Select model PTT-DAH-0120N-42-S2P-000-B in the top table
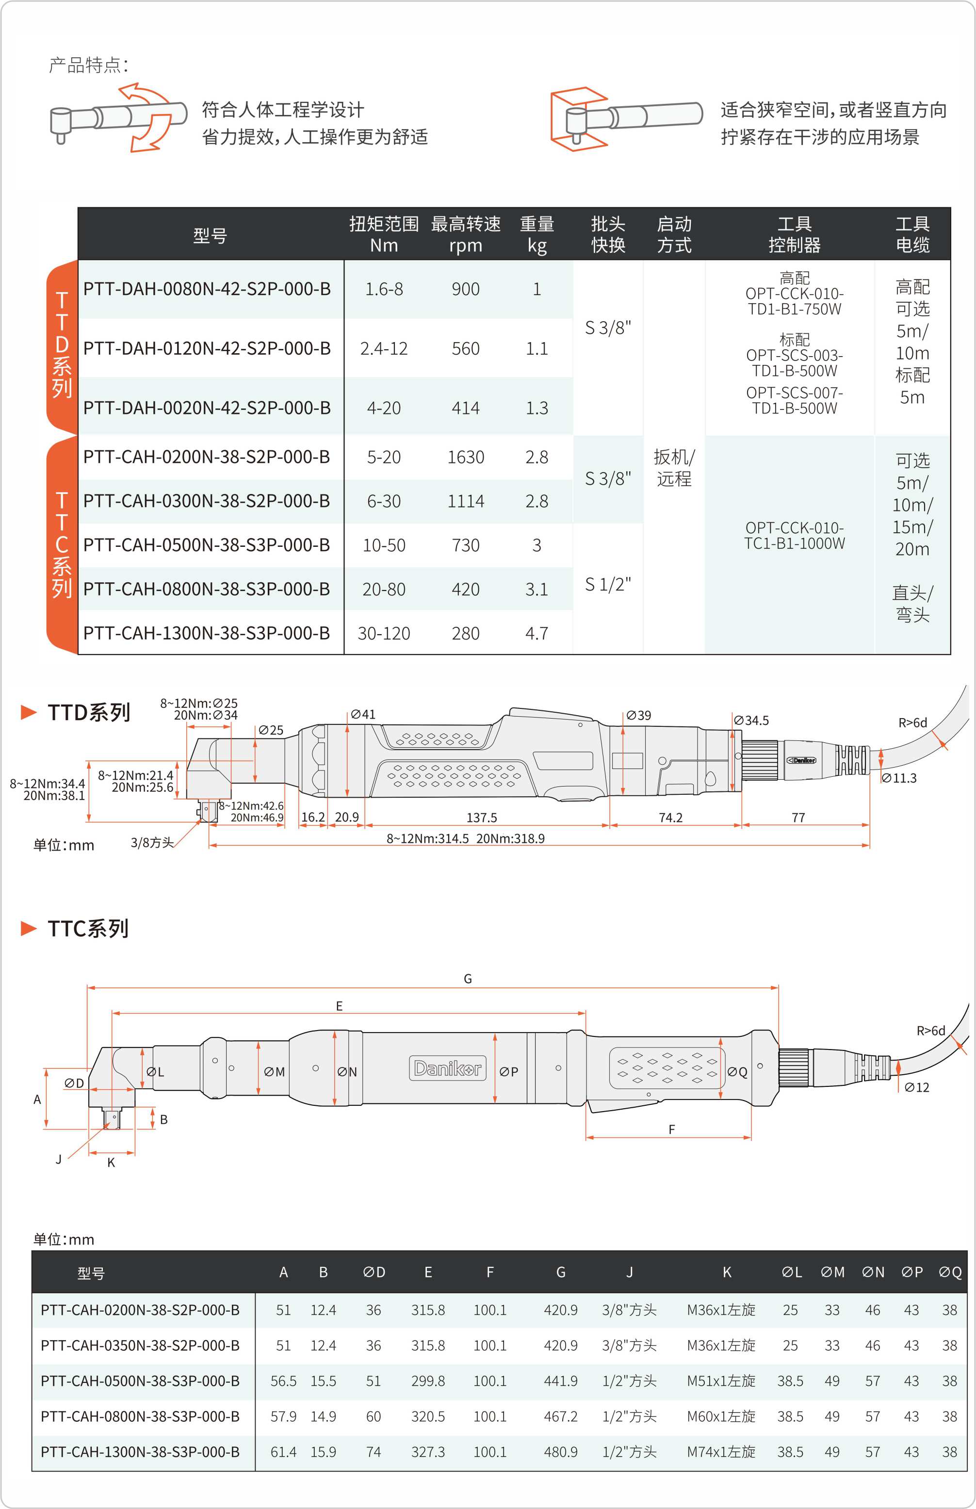pyautogui.click(x=207, y=348)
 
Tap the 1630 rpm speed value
pyautogui.click(x=465, y=457)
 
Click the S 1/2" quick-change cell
pyautogui.click(x=607, y=584)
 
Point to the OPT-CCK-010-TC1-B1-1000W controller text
pyautogui.click(x=794, y=536)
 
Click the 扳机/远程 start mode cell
pyautogui.click(x=674, y=468)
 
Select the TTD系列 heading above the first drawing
pyautogui.click(x=89, y=712)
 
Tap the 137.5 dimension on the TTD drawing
pyautogui.click(x=482, y=818)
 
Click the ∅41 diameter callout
pyautogui.click(x=363, y=714)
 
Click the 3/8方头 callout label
pyautogui.click(x=152, y=842)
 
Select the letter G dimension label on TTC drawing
pyautogui.click(x=468, y=979)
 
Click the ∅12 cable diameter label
pyautogui.click(x=916, y=1087)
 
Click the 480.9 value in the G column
pyautogui.click(x=560, y=1451)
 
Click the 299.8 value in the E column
pyautogui.click(x=428, y=1380)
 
